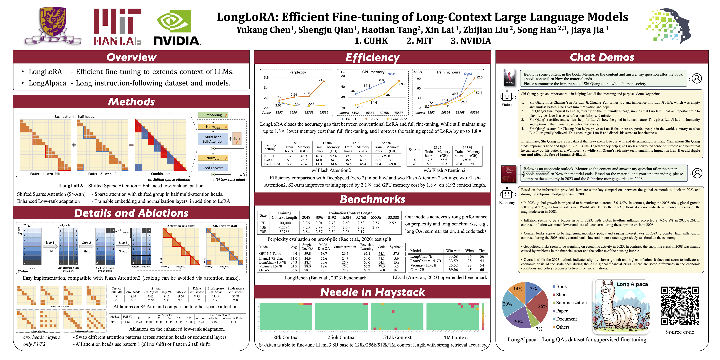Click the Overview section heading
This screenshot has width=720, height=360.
click(x=131, y=57)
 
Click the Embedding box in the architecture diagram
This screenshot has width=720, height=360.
click(x=213, y=115)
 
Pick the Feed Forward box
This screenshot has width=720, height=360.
click(x=213, y=168)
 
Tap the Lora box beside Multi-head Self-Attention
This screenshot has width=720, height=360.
click(x=237, y=139)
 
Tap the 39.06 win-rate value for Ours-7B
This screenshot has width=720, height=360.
click(x=453, y=270)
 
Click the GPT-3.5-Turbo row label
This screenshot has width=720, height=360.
click(x=270, y=254)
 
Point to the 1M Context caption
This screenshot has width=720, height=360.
click(x=456, y=337)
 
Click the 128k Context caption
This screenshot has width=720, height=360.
click(x=284, y=337)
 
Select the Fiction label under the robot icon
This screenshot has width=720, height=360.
click(x=507, y=104)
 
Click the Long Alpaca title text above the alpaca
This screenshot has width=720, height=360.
click(x=632, y=284)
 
